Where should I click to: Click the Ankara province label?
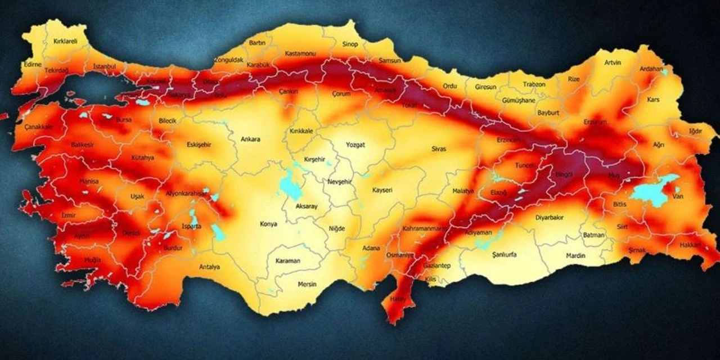point(250,139)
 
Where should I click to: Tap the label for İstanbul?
point(104,66)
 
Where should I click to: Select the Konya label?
point(268,224)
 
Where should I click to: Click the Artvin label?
point(613,62)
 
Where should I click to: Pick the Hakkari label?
point(691,245)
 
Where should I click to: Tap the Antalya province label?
point(209,267)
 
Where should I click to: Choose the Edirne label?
point(33,65)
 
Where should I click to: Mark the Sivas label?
point(439,149)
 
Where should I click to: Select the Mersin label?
point(308,284)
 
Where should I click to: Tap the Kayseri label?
point(382,191)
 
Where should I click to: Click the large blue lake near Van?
point(651,191)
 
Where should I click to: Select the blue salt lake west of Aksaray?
point(290,186)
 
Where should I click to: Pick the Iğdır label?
point(695,132)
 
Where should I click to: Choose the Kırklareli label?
point(65,41)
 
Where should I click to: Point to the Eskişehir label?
point(199,145)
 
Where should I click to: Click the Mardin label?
point(575,256)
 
